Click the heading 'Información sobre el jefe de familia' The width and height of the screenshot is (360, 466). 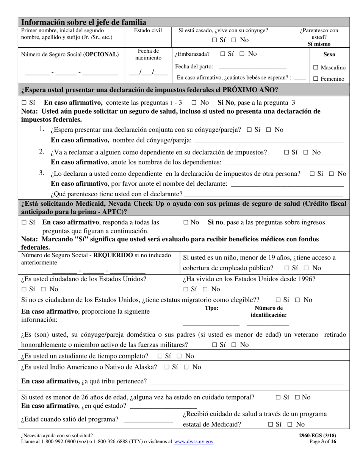(83, 22)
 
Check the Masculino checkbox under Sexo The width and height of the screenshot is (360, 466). (316, 67)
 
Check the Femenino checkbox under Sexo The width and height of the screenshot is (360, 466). (316, 79)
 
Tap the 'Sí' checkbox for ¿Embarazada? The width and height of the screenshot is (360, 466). (222, 54)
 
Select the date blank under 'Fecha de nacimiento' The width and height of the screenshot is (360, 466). (148, 73)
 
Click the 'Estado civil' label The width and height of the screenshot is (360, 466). (148, 31)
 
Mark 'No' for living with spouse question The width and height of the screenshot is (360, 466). (234, 40)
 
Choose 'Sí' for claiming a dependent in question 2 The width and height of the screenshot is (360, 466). (287, 152)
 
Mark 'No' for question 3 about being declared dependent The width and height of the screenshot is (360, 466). (331, 174)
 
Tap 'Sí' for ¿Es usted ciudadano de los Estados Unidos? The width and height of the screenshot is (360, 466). (24, 289)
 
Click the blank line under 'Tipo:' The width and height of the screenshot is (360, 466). (211, 324)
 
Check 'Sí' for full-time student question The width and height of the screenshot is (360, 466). (160, 356)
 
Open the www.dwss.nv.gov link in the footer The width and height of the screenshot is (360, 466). (194, 442)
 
